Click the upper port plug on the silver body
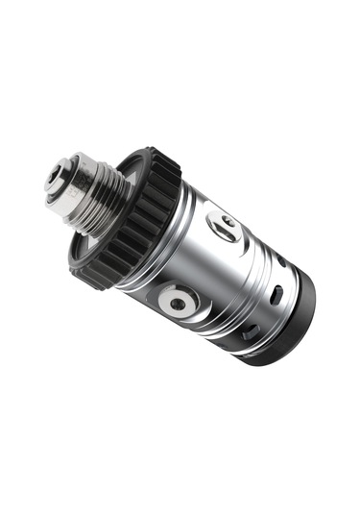(227, 224)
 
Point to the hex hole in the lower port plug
(178, 305)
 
